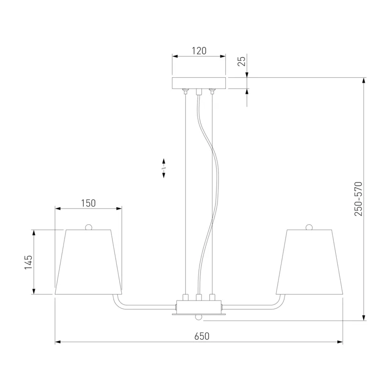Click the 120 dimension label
pyautogui.click(x=199, y=51)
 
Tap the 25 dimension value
pyautogui.click(x=241, y=61)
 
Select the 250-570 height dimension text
pyautogui.click(x=358, y=199)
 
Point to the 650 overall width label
pyautogui.click(x=202, y=336)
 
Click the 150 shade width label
pyautogui.click(x=88, y=203)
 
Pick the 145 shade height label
pyautogui.click(x=28, y=262)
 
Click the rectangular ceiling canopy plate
pyautogui.click(x=199, y=83)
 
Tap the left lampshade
pyautogui.click(x=88, y=262)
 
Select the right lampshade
pyautogui.click(x=309, y=262)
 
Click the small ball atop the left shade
pyautogui.click(x=88, y=227)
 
